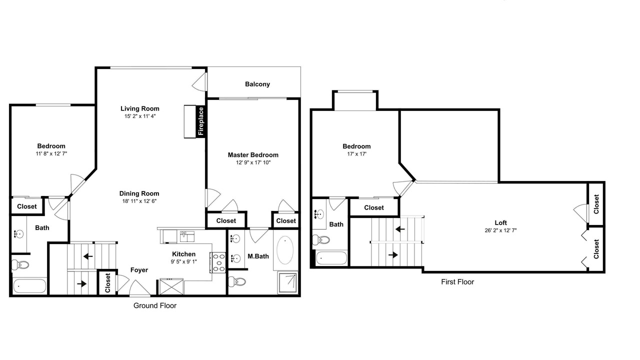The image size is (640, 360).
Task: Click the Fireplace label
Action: point(201,121)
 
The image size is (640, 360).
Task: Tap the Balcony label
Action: point(257,84)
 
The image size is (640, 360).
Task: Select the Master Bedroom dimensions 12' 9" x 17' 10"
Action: point(253,162)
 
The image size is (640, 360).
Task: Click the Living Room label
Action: point(139,108)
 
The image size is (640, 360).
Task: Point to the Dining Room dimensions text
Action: point(139,201)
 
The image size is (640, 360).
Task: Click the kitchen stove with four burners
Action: point(218,263)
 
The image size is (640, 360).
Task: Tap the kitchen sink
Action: point(187,236)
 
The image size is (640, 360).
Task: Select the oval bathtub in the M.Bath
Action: point(285,250)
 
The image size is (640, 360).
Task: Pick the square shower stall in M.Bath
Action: point(288,283)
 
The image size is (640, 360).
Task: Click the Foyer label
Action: point(139,270)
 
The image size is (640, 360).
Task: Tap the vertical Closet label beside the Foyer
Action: point(107,283)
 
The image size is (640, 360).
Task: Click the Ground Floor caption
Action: point(155,305)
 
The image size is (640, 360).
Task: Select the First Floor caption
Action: point(457,282)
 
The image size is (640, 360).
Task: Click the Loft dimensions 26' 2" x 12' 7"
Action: point(500,230)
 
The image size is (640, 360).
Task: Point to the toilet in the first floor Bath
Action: point(320,239)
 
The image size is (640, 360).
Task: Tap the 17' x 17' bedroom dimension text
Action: point(357,154)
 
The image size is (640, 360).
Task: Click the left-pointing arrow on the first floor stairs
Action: point(400,229)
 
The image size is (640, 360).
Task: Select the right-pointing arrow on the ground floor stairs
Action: point(81,284)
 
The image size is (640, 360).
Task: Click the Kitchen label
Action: point(183,254)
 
